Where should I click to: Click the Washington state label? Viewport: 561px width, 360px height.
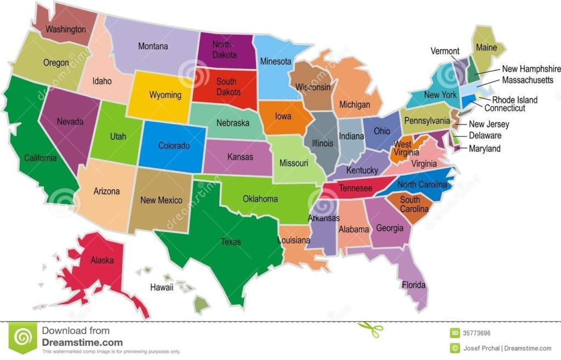(x=65, y=29)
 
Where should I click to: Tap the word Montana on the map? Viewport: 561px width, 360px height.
(x=153, y=47)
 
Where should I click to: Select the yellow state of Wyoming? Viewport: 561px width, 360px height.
(x=165, y=95)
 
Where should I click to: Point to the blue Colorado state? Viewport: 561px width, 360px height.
(x=174, y=146)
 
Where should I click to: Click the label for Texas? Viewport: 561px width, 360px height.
(x=231, y=242)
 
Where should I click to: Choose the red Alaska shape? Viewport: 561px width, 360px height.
(x=102, y=260)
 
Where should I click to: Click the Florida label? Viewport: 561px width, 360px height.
(x=414, y=285)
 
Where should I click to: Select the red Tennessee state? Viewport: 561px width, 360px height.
(x=356, y=188)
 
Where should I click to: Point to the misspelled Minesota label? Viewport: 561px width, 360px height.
(x=276, y=61)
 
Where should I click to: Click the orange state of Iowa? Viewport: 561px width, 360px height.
(x=283, y=117)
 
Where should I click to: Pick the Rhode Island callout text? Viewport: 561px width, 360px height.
(x=514, y=100)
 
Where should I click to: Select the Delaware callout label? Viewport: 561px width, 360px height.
(x=485, y=135)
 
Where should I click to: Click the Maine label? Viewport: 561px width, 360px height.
(x=486, y=48)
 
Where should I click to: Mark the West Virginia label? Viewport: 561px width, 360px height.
(x=403, y=148)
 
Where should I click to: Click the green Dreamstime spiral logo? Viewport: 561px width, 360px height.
(x=22, y=337)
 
